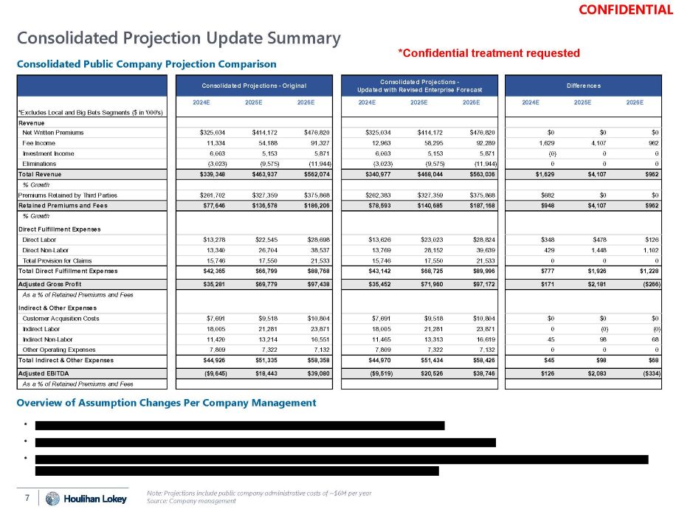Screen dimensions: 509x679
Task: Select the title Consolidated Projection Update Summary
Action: click(179, 38)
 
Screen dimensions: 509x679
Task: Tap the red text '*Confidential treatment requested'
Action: click(489, 53)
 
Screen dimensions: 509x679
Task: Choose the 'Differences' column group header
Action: click(582, 86)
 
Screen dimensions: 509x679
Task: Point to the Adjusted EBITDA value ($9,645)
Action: click(213, 373)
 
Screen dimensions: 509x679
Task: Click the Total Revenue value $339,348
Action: click(213, 173)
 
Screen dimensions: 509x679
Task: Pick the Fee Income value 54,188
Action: click(269, 142)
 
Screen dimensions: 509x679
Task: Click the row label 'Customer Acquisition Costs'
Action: click(61, 318)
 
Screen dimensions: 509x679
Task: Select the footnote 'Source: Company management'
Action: click(191, 502)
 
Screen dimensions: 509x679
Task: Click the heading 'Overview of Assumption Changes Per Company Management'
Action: click(166, 403)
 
